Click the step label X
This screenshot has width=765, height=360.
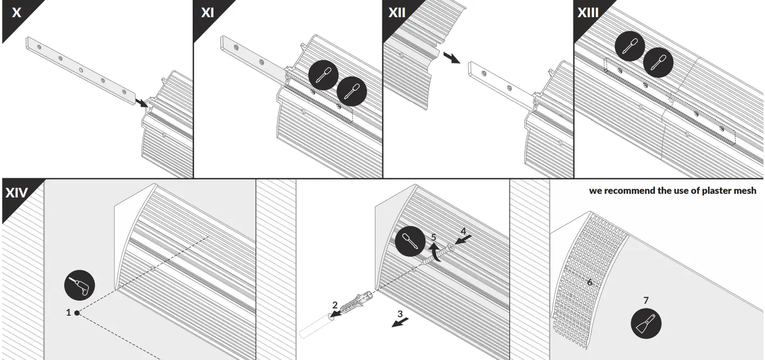[x=17, y=13]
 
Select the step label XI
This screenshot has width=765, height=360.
[x=207, y=13]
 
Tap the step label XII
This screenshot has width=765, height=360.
[x=397, y=13]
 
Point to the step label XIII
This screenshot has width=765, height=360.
[x=588, y=13]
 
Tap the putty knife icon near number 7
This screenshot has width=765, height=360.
[x=646, y=324]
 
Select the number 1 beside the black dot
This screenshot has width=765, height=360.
[x=68, y=313]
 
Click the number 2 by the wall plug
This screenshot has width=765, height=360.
[x=335, y=304]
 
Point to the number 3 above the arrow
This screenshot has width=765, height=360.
[x=400, y=314]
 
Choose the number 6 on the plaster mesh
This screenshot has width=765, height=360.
[x=590, y=282]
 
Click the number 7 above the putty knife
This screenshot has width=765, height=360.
[x=646, y=300]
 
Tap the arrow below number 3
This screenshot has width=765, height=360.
[x=400, y=325]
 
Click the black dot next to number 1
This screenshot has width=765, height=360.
[x=77, y=313]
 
